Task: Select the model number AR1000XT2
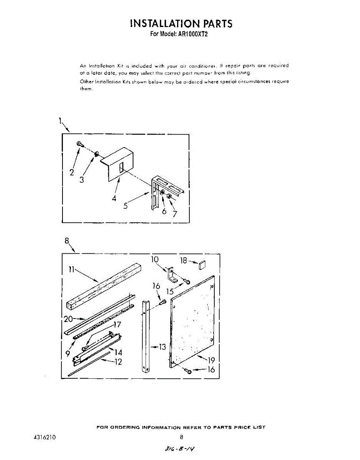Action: [x=195, y=34]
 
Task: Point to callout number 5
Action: [x=125, y=205]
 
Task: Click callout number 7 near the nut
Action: [x=175, y=214]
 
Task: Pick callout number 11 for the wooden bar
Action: [x=71, y=269]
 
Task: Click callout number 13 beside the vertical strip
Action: [x=162, y=347]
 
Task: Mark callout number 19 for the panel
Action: [x=211, y=360]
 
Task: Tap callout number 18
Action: [x=183, y=261]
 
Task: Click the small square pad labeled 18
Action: [x=202, y=264]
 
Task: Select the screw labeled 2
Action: [x=80, y=144]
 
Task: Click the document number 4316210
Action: [x=45, y=437]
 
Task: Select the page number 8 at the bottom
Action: [x=181, y=437]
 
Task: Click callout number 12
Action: [x=118, y=361]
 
